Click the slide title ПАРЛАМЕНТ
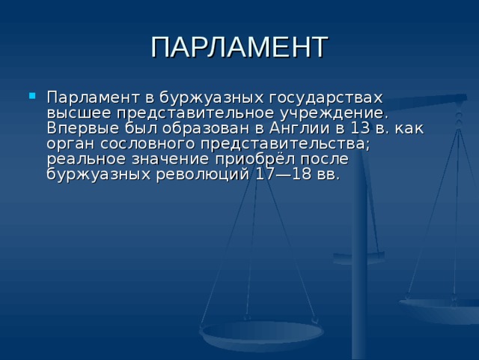[x=239, y=46]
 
